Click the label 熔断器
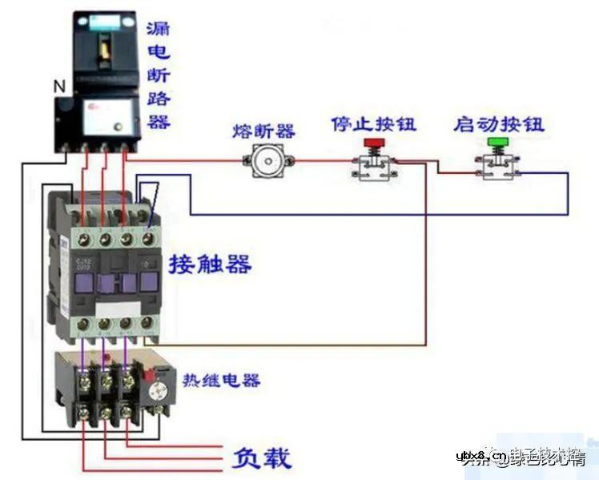tap(263, 131)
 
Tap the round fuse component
tap(264, 161)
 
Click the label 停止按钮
tap(374, 125)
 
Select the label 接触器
tap(210, 264)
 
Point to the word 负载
tap(262, 458)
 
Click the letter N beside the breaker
tap(58, 85)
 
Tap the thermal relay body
tap(104, 385)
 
